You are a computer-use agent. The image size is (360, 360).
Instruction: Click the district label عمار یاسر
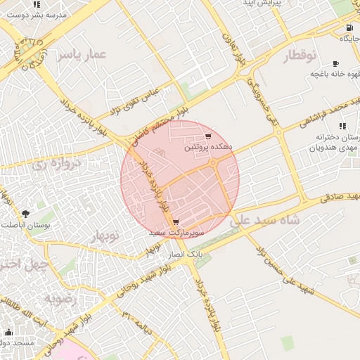(x=82, y=54)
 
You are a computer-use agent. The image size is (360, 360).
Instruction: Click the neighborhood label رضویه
(x=60, y=300)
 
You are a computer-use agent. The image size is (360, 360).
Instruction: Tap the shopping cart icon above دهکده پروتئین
(x=207, y=136)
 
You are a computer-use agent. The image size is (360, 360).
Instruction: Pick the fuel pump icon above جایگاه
(x=349, y=28)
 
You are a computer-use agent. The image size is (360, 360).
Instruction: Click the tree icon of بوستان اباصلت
(x=26, y=213)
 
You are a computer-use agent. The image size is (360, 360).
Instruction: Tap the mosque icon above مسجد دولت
(x=8, y=332)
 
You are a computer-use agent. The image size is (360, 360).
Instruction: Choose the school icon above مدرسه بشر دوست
(x=37, y=4)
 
